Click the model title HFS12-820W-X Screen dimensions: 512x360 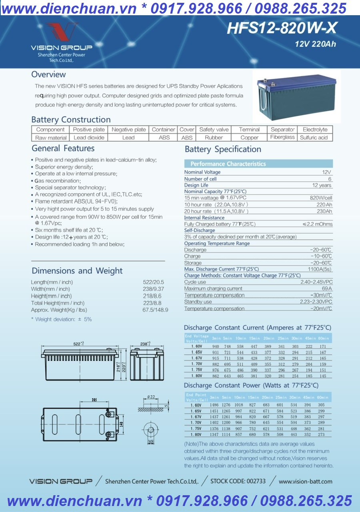pos(282,28)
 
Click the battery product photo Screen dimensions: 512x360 pos(296,96)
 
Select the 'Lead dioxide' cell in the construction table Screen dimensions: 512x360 pos(89,138)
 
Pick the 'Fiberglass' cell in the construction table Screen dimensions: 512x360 pos(282,137)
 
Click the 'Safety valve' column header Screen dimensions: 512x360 pos(214,130)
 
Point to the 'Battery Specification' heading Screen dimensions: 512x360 pos(223,150)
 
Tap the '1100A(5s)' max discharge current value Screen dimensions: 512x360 pos(320,269)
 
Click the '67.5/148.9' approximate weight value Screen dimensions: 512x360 pos(155,310)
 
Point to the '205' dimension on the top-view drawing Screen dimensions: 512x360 pos(83,399)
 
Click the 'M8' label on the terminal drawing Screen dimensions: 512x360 pos(151,442)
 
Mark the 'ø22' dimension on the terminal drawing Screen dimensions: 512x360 pos(150,396)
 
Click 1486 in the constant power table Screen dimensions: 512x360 pos(215,405)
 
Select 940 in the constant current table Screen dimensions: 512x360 pos(216,346)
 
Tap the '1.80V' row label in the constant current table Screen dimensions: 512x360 pos(196,376)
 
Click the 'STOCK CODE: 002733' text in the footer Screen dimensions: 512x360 pos(238,481)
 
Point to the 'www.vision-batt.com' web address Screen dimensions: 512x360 pos(306,482)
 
